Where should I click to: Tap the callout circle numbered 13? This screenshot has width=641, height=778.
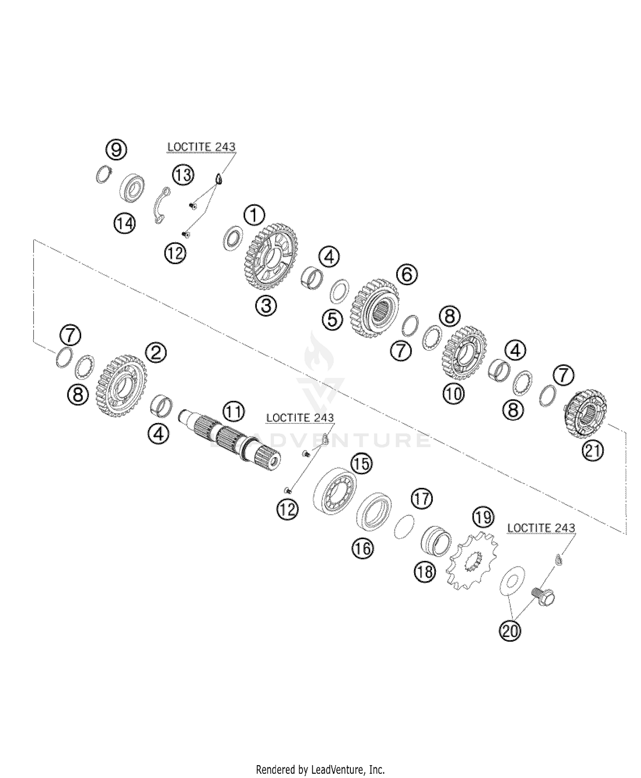[183, 175]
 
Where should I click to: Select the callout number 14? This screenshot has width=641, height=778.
[125, 223]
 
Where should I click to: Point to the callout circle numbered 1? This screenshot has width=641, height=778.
[254, 216]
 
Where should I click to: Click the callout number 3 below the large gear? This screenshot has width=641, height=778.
[266, 306]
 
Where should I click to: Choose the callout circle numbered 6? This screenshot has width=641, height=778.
[407, 274]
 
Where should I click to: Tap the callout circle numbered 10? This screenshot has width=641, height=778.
[453, 393]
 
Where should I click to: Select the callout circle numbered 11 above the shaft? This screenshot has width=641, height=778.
[233, 412]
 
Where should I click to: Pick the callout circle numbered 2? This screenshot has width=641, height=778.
[156, 353]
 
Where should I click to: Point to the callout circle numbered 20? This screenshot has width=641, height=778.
[510, 631]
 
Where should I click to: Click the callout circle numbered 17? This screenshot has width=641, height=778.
[422, 499]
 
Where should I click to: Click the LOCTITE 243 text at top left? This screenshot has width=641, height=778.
[201, 147]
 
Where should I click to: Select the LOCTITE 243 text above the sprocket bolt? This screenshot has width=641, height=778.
[541, 528]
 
